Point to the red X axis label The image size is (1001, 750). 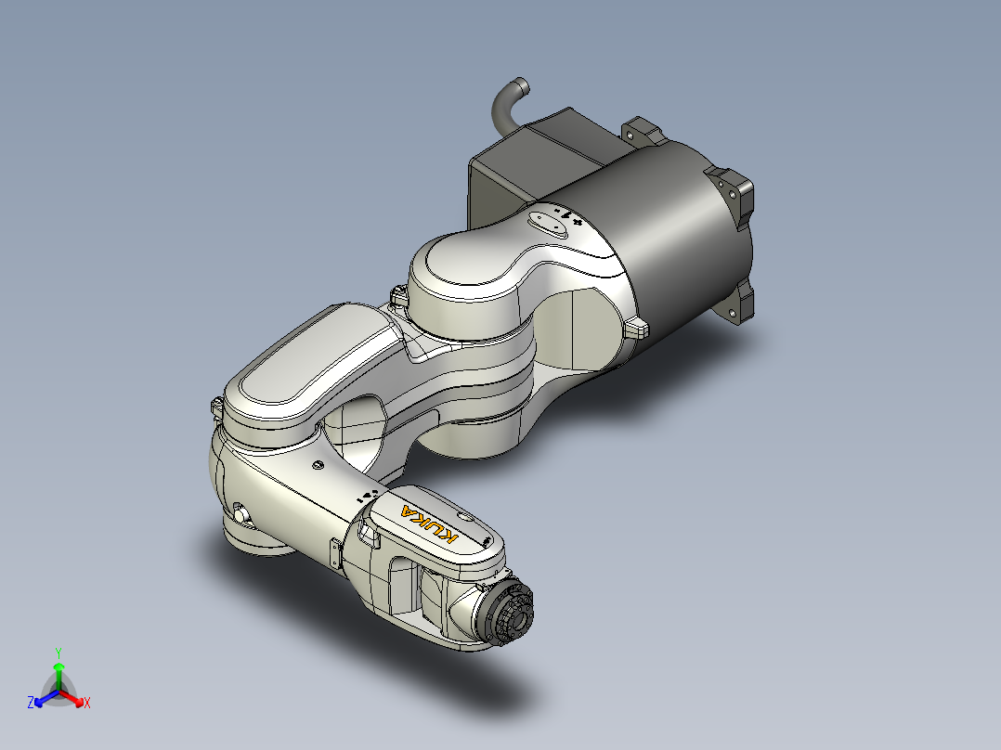87,704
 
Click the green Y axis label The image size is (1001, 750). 58,653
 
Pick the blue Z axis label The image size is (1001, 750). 31,703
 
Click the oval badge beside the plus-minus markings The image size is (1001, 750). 546,224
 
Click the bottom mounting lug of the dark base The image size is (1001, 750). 742,304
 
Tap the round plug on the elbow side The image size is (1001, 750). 242,512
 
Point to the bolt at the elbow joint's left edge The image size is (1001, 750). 214,405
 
